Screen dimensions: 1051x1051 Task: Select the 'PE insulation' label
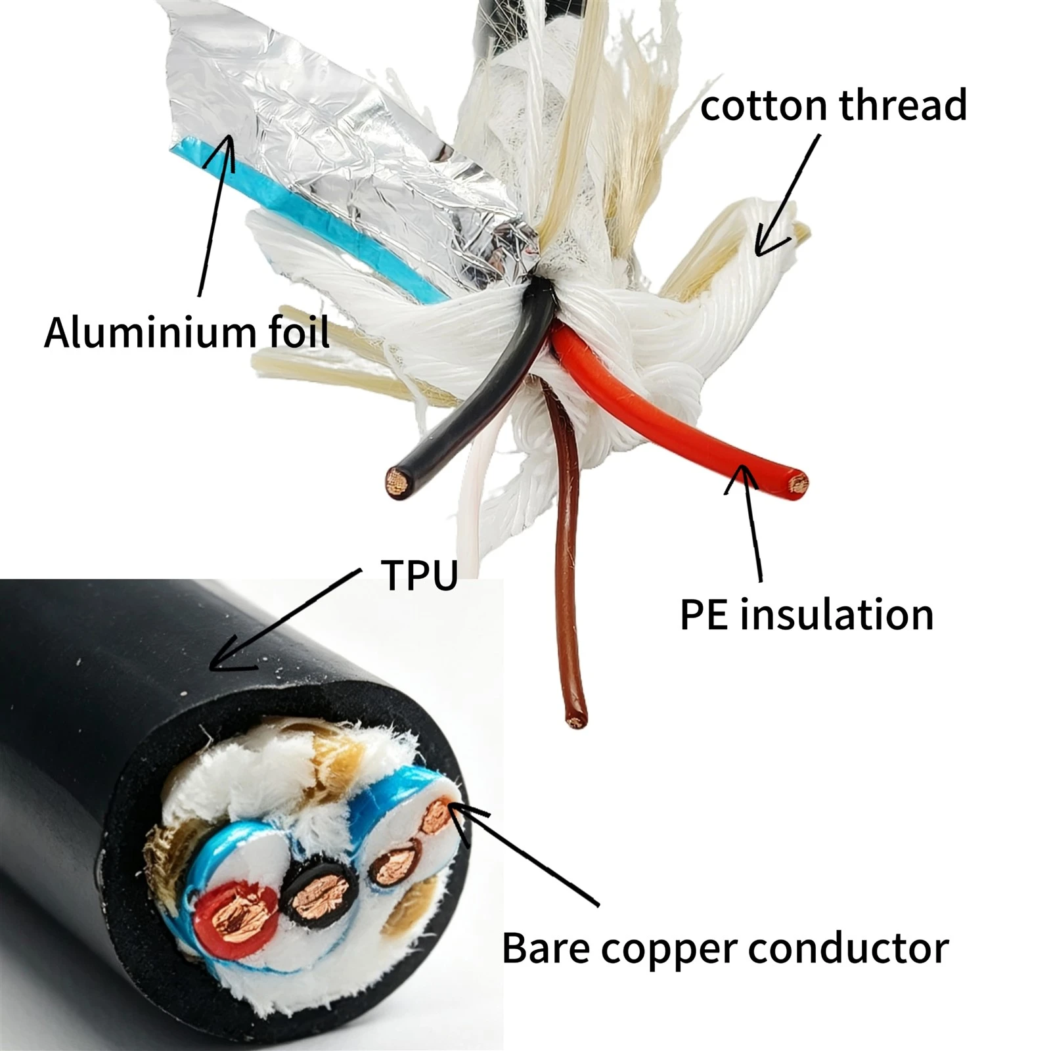tap(806, 615)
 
